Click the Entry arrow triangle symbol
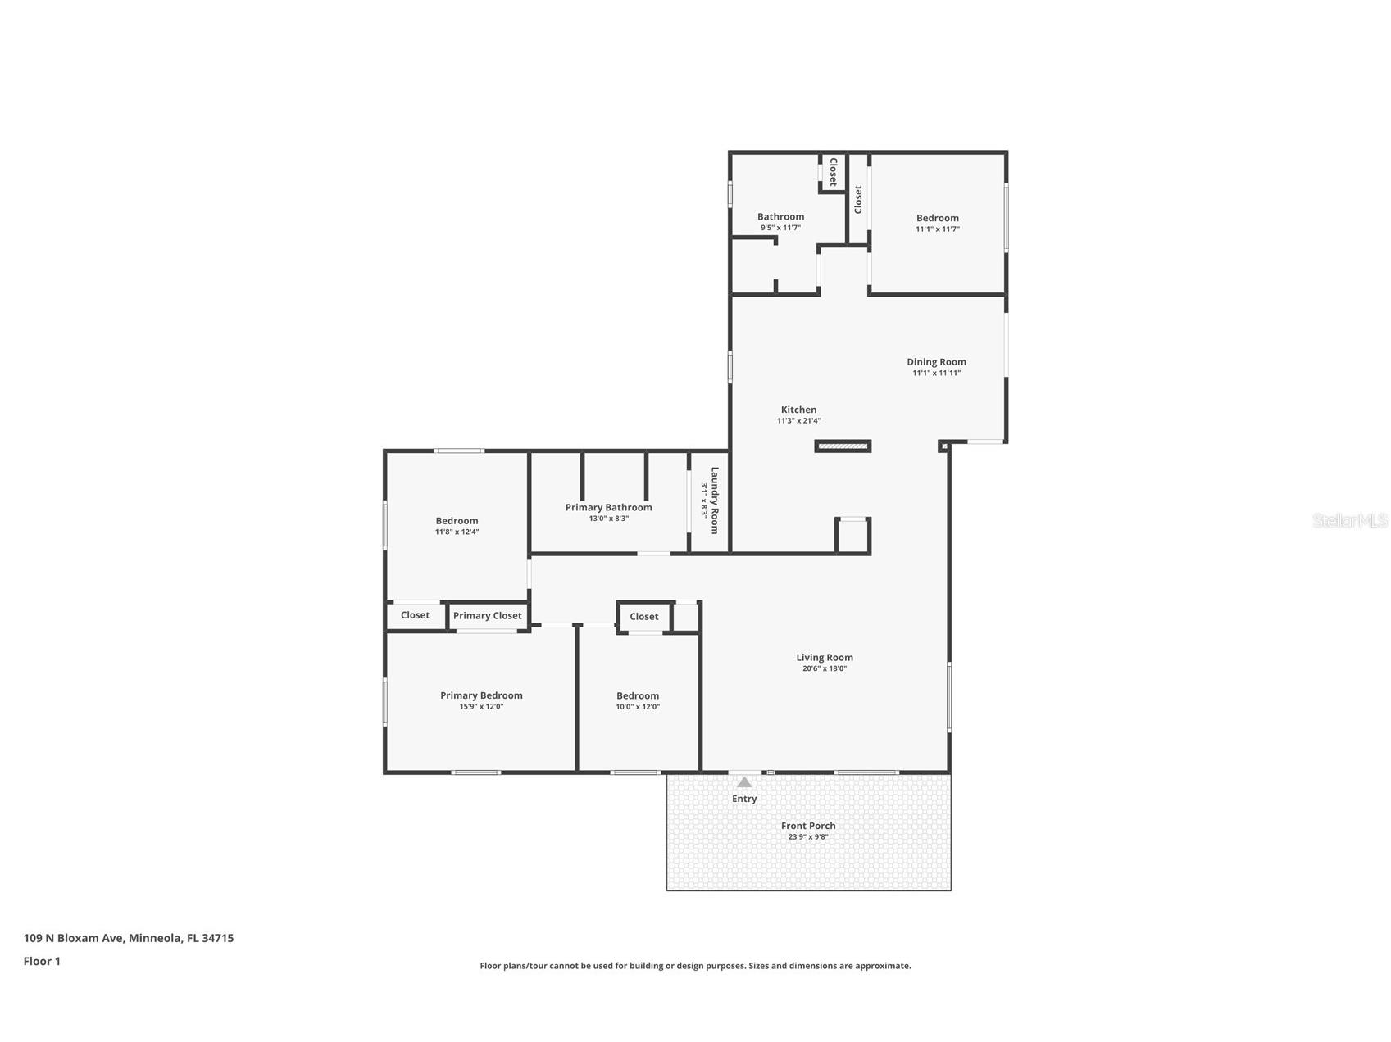tap(743, 783)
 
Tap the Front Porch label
tap(807, 826)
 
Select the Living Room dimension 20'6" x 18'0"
tap(824, 668)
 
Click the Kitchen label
tap(798, 410)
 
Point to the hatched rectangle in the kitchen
tap(843, 446)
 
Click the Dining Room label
tap(936, 362)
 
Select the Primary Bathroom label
tap(608, 508)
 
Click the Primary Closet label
tap(487, 616)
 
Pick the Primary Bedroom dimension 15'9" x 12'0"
tap(481, 707)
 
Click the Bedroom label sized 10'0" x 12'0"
tap(638, 696)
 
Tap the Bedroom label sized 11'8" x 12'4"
tap(457, 521)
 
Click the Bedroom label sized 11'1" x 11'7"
tap(937, 218)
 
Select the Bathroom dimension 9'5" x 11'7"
tap(780, 229)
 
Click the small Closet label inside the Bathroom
tap(833, 172)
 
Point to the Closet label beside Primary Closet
tap(415, 615)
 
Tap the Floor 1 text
tap(42, 962)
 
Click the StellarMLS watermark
tap(1349, 520)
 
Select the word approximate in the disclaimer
tap(882, 966)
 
